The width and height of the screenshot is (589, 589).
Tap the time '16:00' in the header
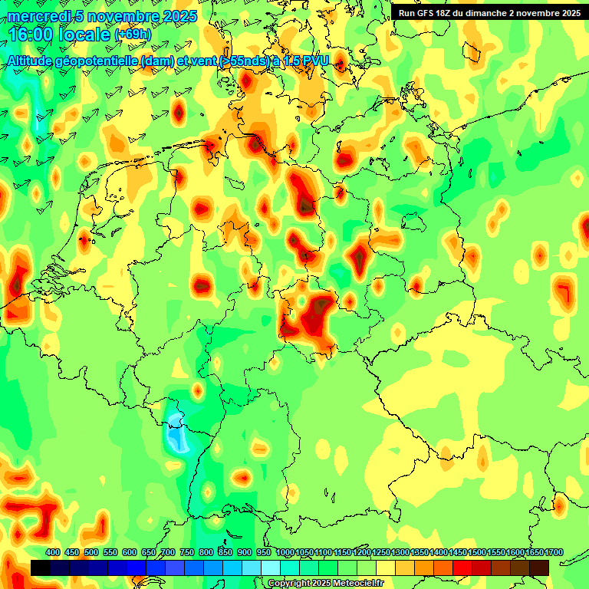(31, 35)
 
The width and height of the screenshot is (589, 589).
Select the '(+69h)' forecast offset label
(133, 35)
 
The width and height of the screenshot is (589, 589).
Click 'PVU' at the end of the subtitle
(315, 61)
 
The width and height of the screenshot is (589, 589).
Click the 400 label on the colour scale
(53, 553)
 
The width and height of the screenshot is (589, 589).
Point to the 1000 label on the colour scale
(285, 553)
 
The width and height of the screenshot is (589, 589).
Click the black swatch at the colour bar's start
(41, 568)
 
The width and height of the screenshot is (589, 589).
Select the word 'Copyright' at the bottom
(288, 584)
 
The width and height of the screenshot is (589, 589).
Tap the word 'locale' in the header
(84, 35)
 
